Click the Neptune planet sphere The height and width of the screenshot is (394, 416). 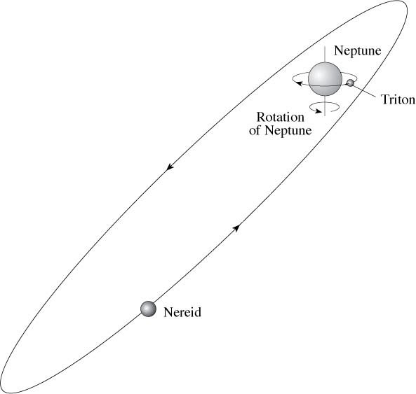tap(325, 79)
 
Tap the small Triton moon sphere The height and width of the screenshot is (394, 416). tap(351, 83)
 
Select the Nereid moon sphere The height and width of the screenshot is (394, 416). tap(148, 309)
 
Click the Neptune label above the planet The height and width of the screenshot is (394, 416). tap(357, 50)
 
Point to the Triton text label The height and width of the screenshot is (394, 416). tap(398, 100)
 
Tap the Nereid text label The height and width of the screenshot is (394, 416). tap(182, 312)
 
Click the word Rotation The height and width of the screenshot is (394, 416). tap(280, 118)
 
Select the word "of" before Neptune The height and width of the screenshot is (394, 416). tap(255, 130)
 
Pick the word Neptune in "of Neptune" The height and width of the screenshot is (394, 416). tap(288, 130)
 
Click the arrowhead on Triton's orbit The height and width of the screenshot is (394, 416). tap(299, 83)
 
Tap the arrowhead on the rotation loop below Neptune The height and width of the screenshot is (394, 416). tap(318, 111)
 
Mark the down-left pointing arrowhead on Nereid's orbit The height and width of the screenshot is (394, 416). tap(170, 167)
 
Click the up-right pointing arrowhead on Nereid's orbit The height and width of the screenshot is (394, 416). tap(236, 228)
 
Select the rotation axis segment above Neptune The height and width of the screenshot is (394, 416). tap(325, 55)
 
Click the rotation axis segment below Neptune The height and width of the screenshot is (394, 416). tap(325, 106)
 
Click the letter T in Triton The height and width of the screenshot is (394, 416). tap(384, 100)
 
